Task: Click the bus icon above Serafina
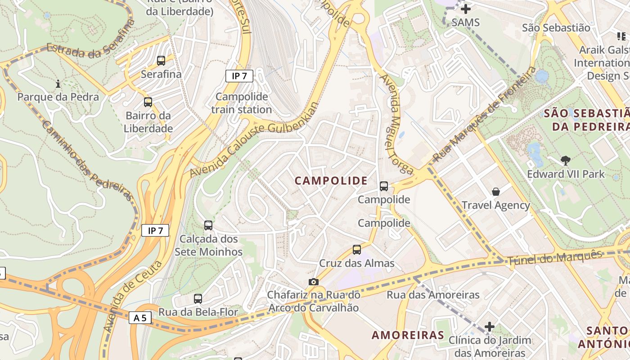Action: (161, 60)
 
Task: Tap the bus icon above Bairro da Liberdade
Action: (148, 102)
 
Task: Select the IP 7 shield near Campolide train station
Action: (239, 76)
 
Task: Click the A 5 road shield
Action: (140, 318)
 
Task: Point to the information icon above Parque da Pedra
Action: (58, 84)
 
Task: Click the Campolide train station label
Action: (242, 103)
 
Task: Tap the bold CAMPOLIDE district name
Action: (331, 181)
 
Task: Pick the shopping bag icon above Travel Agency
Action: (496, 192)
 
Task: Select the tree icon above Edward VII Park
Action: (566, 160)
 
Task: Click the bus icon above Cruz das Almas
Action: (357, 249)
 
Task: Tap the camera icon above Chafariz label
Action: (314, 282)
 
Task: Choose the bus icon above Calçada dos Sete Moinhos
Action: (208, 225)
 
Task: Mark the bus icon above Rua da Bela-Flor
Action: (198, 298)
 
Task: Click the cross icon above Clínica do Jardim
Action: (490, 326)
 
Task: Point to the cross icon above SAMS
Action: (466, 9)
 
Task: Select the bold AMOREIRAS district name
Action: (408, 335)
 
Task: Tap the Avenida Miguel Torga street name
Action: (396, 124)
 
